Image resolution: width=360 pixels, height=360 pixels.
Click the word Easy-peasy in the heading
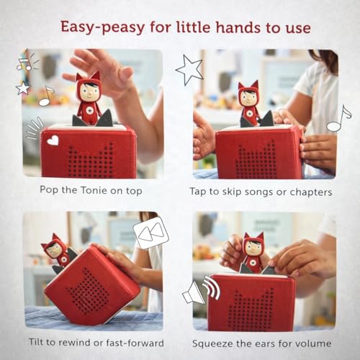tap(102, 27)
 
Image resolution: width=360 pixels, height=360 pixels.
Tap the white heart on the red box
tap(53, 140)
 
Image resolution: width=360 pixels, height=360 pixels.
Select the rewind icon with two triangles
tap(151, 233)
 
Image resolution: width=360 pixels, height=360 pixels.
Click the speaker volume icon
tap(201, 289)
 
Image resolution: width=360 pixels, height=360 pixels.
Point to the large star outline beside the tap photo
tap(189, 70)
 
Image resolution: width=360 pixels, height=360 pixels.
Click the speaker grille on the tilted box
tap(88, 291)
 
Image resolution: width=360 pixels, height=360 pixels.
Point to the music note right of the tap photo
tap(339, 118)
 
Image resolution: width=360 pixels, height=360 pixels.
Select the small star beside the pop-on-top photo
tap(23, 88)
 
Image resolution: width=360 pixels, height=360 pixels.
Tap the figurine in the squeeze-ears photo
tap(252, 253)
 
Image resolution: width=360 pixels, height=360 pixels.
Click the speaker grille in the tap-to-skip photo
tap(256, 160)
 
